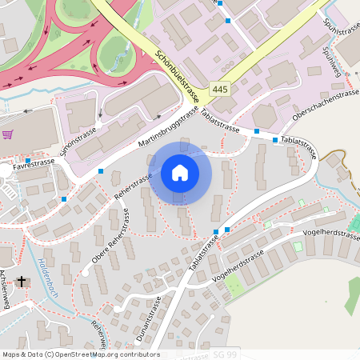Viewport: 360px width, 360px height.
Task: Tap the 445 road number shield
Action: point(222,89)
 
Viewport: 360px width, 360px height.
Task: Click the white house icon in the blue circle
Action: point(179,173)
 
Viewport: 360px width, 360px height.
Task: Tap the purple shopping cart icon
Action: point(8,134)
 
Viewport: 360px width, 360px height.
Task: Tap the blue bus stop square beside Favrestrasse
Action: point(28,161)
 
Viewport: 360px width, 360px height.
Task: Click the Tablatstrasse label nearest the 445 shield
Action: point(221,121)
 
